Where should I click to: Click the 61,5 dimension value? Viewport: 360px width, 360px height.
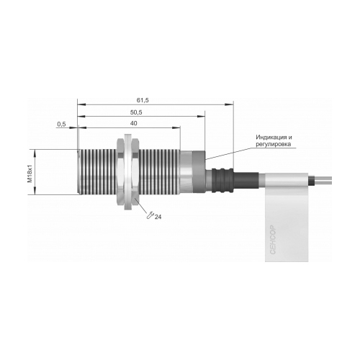pyautogui.click(x=143, y=100)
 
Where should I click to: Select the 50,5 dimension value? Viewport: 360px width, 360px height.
pyautogui.click(x=136, y=112)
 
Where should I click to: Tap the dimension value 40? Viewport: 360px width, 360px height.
pyautogui.click(x=133, y=123)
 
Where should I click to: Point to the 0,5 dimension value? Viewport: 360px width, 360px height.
pyautogui.click(x=61, y=124)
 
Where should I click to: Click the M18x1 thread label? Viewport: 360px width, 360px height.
pyautogui.click(x=30, y=174)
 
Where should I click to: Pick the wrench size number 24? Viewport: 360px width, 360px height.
pyautogui.click(x=158, y=217)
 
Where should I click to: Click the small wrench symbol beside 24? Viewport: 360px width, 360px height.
pyautogui.click(x=150, y=215)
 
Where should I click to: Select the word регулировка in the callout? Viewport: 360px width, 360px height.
pyautogui.click(x=274, y=144)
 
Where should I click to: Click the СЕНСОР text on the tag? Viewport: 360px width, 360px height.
pyautogui.click(x=273, y=240)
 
